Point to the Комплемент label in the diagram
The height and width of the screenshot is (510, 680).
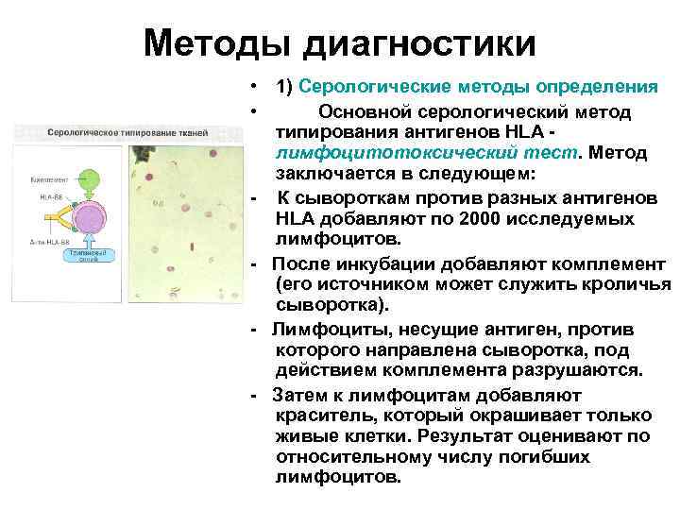click(46, 178)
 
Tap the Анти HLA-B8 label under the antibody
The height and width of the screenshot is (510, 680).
click(47, 242)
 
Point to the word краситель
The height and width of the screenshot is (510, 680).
click(320, 416)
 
